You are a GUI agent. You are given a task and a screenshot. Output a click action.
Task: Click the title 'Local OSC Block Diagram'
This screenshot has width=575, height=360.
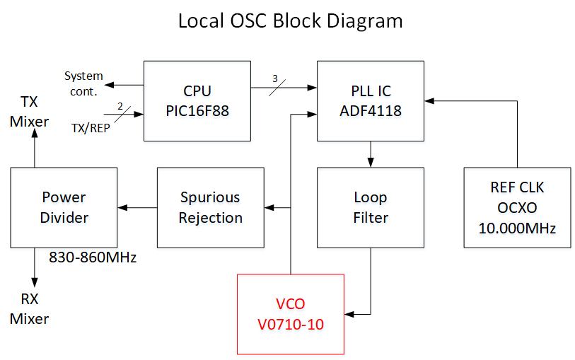coord(290,21)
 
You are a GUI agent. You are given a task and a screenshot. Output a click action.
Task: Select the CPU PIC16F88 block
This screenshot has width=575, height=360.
coord(197,100)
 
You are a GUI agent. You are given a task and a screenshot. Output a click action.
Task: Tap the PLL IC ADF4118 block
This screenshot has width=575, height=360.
coord(371,100)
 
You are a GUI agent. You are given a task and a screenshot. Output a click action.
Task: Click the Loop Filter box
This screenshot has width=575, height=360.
coord(371,207)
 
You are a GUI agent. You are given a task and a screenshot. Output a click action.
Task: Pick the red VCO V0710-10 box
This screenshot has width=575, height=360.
coord(290,313)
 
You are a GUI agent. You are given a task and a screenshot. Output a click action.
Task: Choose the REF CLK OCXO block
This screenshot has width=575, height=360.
coord(518,207)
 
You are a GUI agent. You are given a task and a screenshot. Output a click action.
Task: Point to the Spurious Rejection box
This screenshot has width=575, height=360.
coord(210,207)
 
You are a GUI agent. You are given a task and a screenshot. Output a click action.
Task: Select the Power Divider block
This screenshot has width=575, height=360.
coord(64,207)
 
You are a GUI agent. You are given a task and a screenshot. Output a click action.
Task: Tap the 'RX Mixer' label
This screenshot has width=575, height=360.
coord(29,309)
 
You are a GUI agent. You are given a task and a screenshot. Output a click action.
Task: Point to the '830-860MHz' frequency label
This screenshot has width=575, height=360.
coord(93,257)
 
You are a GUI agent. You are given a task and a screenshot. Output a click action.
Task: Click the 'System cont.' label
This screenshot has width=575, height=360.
coord(83,83)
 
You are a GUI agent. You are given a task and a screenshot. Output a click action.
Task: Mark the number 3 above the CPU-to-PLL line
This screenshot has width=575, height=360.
coord(274,77)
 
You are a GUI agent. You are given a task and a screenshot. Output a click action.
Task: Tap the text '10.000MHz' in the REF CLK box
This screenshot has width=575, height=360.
coord(518,228)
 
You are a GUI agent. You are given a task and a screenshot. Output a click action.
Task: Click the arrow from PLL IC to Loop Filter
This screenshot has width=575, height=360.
coord(371,154)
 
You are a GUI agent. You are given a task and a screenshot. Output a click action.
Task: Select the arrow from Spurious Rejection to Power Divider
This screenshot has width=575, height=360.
coord(137,207)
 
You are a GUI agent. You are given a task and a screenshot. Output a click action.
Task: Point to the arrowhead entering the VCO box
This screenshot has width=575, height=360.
coord(349,313)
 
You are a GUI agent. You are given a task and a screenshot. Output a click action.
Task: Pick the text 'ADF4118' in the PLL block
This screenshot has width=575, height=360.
coord(371,111)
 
